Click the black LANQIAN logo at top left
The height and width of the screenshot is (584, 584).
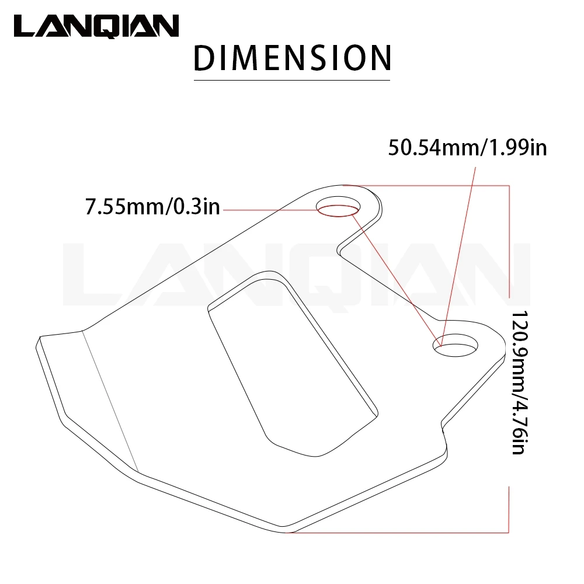click(96, 26)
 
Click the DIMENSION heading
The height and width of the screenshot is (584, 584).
click(292, 58)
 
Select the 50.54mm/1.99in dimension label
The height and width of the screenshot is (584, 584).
click(467, 148)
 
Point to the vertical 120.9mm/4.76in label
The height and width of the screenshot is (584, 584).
click(519, 382)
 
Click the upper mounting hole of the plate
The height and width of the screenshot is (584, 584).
click(338, 206)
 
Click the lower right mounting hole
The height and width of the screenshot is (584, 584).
click(455, 345)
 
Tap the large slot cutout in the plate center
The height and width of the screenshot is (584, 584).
click(293, 363)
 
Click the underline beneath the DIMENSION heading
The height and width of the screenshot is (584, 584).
click(292, 80)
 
